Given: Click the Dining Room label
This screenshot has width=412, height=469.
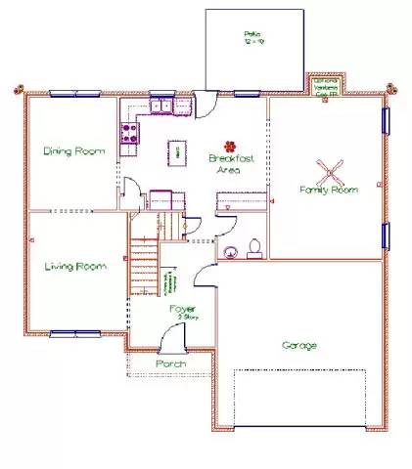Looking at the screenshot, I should (x=72, y=151).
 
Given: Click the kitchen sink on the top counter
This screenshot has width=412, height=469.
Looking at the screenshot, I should (x=160, y=106).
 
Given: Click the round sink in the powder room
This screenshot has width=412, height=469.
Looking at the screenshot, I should (x=231, y=252).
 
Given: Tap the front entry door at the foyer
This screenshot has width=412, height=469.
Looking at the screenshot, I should (x=171, y=341).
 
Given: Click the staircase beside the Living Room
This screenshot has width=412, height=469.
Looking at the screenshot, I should (x=144, y=264).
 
